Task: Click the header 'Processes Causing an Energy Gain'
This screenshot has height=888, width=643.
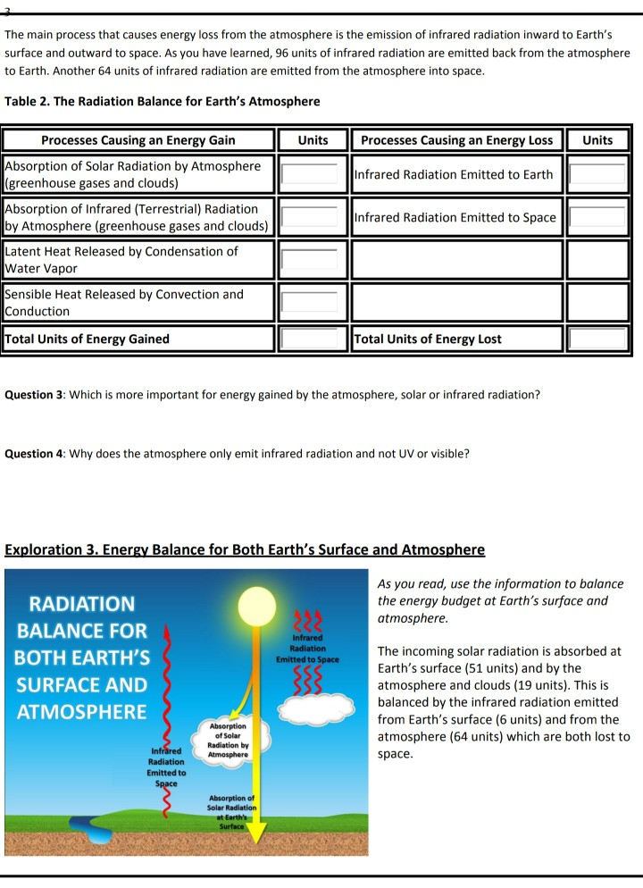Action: point(138,140)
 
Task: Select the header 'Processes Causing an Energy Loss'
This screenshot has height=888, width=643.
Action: point(456,140)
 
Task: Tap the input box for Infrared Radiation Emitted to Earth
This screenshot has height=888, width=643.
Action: point(597,174)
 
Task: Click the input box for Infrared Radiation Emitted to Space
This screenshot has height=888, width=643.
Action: point(597,217)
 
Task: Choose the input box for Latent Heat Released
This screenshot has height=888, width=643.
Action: point(309,260)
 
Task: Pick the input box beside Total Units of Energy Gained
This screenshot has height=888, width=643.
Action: point(309,339)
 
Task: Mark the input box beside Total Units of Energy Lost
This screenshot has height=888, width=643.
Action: point(597,339)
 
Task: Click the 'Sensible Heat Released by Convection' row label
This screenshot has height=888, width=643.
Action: point(124,303)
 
